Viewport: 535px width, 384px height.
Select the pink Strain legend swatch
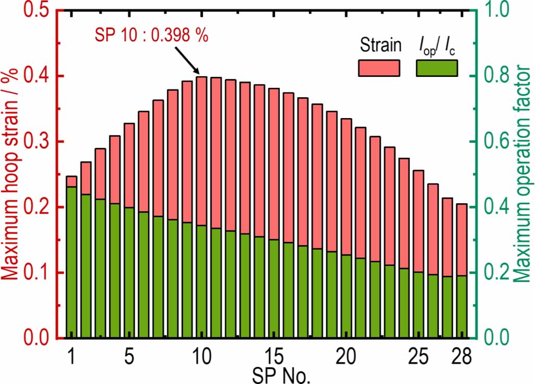point(378,68)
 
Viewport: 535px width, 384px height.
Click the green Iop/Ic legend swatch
point(436,68)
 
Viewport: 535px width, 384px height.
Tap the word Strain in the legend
point(381,46)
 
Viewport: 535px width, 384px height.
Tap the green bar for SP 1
point(72,261)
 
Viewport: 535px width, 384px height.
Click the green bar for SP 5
point(129,272)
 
